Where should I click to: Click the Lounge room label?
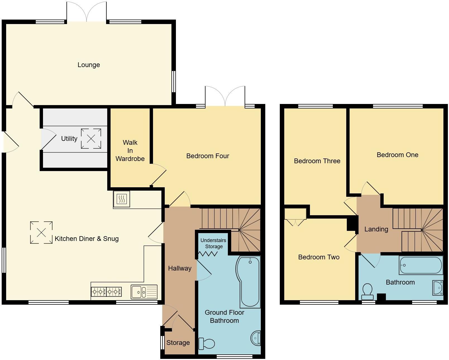click(89, 65)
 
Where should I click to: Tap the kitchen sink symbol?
click(144, 292)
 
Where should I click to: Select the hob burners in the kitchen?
click(106, 292)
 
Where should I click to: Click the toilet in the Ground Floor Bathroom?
click(207, 344)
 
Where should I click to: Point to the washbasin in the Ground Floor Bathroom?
click(255, 338)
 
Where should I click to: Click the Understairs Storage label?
click(213, 243)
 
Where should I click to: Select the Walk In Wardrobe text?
click(130, 151)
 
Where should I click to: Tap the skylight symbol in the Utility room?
click(91, 139)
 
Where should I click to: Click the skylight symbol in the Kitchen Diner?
click(41, 232)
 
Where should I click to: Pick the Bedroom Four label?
click(207, 156)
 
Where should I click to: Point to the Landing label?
click(376, 229)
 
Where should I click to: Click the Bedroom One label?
click(397, 155)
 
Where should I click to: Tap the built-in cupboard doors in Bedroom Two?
click(295, 220)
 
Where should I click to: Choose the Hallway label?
click(180, 268)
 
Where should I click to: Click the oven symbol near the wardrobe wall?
click(122, 199)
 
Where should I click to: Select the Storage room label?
click(178, 343)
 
